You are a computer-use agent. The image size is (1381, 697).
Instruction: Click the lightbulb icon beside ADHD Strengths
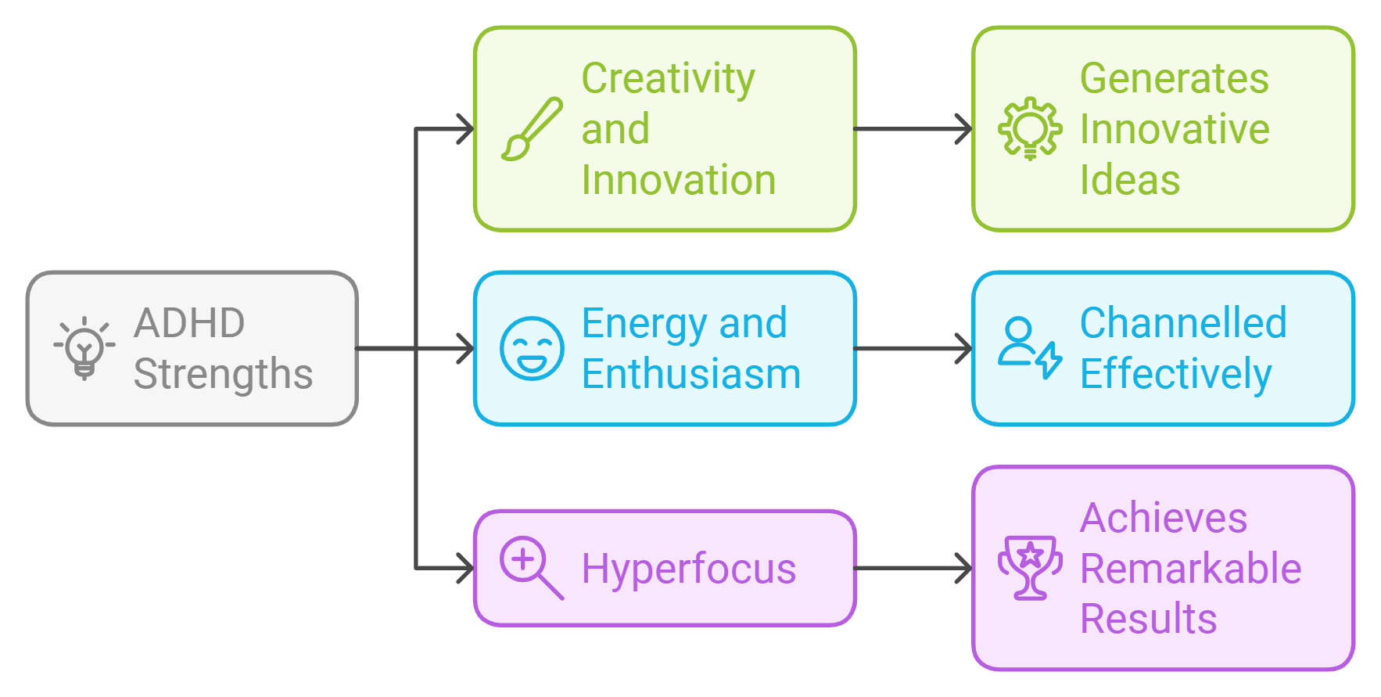pyautogui.click(x=84, y=348)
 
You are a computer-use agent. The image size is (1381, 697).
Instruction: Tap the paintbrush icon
pyautogui.click(x=532, y=129)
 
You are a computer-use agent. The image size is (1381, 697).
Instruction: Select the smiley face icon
pyautogui.click(x=532, y=348)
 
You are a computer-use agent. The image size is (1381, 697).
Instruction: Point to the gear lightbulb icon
pyautogui.click(x=1030, y=129)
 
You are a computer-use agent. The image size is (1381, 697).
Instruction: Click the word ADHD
pyautogui.click(x=189, y=323)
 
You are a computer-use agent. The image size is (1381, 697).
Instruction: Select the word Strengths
pyautogui.click(x=223, y=374)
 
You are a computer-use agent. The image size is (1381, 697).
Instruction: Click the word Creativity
pyautogui.click(x=669, y=79)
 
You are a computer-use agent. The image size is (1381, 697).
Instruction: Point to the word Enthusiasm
pyautogui.click(x=691, y=374)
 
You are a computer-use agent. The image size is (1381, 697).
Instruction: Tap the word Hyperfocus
pyautogui.click(x=688, y=569)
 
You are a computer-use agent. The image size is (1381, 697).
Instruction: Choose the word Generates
pyautogui.click(x=1174, y=79)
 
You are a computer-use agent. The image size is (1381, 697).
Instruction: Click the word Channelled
pyautogui.click(x=1183, y=323)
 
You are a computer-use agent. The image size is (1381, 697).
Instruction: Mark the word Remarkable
pyautogui.click(x=1190, y=569)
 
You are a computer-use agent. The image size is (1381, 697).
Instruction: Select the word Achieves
pyautogui.click(x=1163, y=518)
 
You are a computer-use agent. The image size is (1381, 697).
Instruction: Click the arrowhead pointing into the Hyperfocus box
pyautogui.click(x=465, y=569)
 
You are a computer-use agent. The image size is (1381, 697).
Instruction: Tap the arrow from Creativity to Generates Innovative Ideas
pyautogui.click(x=913, y=129)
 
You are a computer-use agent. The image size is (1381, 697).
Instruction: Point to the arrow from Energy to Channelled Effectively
pyautogui.click(x=913, y=349)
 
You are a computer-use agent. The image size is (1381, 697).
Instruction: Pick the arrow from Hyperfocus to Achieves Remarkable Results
pyautogui.click(x=913, y=569)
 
